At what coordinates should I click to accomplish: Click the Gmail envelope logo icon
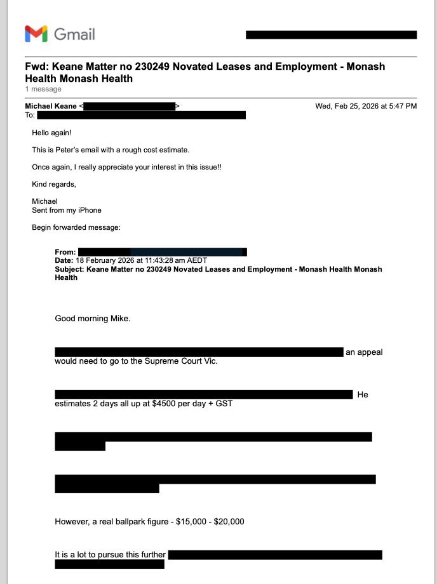point(36,34)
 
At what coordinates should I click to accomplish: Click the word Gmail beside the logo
point(74,34)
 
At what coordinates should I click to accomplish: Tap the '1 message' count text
point(43,90)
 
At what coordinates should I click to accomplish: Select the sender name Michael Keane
point(51,106)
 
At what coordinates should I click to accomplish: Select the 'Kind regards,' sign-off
point(54,184)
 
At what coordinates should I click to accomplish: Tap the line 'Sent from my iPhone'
point(67,210)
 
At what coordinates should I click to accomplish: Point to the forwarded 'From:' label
point(65,253)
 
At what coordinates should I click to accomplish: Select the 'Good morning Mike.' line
point(93,319)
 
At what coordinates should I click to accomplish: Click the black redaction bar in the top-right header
point(331,35)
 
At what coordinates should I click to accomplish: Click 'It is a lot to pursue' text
point(95,555)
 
